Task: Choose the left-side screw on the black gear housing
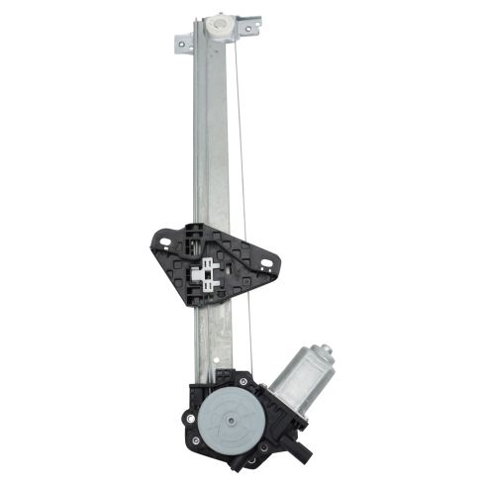[189, 408]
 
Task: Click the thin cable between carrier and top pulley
[242, 139]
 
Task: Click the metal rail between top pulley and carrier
[211, 139]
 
